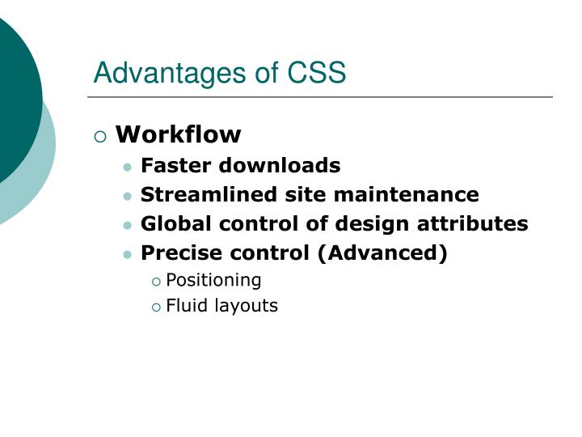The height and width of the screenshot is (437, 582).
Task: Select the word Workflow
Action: (x=178, y=134)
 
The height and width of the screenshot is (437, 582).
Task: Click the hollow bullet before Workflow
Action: (x=100, y=136)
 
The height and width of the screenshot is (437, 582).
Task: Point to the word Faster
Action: (x=172, y=166)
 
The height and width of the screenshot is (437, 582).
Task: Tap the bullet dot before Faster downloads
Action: (x=128, y=168)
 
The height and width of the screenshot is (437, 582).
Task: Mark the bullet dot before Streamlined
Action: (x=128, y=197)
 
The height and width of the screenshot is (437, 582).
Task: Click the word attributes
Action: (x=479, y=224)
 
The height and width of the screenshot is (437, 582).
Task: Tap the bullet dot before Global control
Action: (x=128, y=226)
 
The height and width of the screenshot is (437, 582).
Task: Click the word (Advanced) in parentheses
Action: (x=382, y=253)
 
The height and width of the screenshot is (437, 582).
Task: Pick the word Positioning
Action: (x=213, y=281)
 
